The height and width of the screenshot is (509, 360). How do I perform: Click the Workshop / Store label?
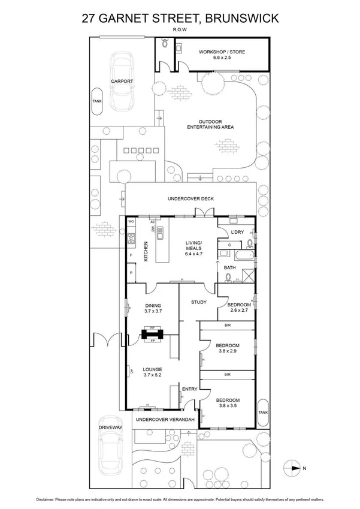[x=222, y=55]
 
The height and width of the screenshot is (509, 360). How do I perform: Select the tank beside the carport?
[x=97, y=101]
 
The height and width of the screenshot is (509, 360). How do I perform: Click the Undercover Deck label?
[x=190, y=199]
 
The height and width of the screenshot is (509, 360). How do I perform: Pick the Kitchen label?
[x=146, y=250]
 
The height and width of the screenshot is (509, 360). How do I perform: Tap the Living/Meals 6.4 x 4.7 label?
[x=193, y=246]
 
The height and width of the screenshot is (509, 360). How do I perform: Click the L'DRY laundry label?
[x=235, y=231]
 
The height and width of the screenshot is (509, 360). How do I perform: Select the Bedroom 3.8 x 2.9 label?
[x=228, y=349]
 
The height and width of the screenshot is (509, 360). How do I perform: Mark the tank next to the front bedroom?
[x=262, y=412]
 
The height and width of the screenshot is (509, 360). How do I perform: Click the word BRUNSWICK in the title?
[x=241, y=19]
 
